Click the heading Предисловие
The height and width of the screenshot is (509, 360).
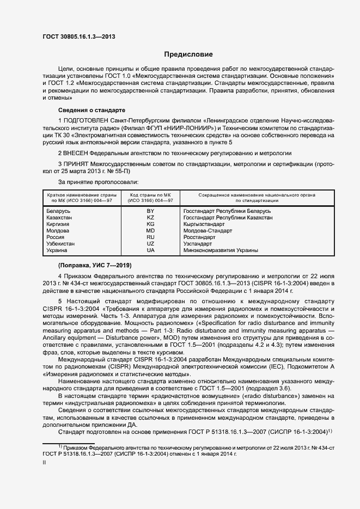coord(189,55)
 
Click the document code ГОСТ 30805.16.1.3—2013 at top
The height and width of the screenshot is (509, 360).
coord(79,37)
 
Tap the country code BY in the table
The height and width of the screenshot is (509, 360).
coord(151,211)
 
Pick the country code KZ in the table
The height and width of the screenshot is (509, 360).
coord(151,217)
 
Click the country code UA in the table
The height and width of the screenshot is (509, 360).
coord(151,250)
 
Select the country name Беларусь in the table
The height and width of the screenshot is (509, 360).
coord(59,211)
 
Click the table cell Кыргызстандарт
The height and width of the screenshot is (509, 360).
coord(204,224)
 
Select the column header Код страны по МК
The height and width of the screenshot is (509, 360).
coord(151,194)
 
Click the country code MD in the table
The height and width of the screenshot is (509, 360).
coord(151,231)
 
